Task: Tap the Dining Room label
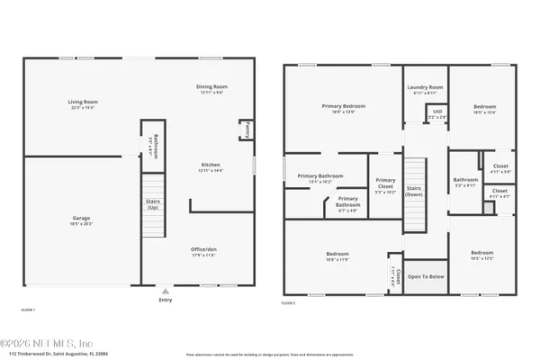point(211,88)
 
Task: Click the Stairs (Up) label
point(152,205)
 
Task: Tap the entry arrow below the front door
point(164,292)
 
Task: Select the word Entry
point(165,301)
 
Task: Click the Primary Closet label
point(385,184)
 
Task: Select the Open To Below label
point(426,277)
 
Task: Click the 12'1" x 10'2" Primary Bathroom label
point(314,178)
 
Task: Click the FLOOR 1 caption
point(28,309)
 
